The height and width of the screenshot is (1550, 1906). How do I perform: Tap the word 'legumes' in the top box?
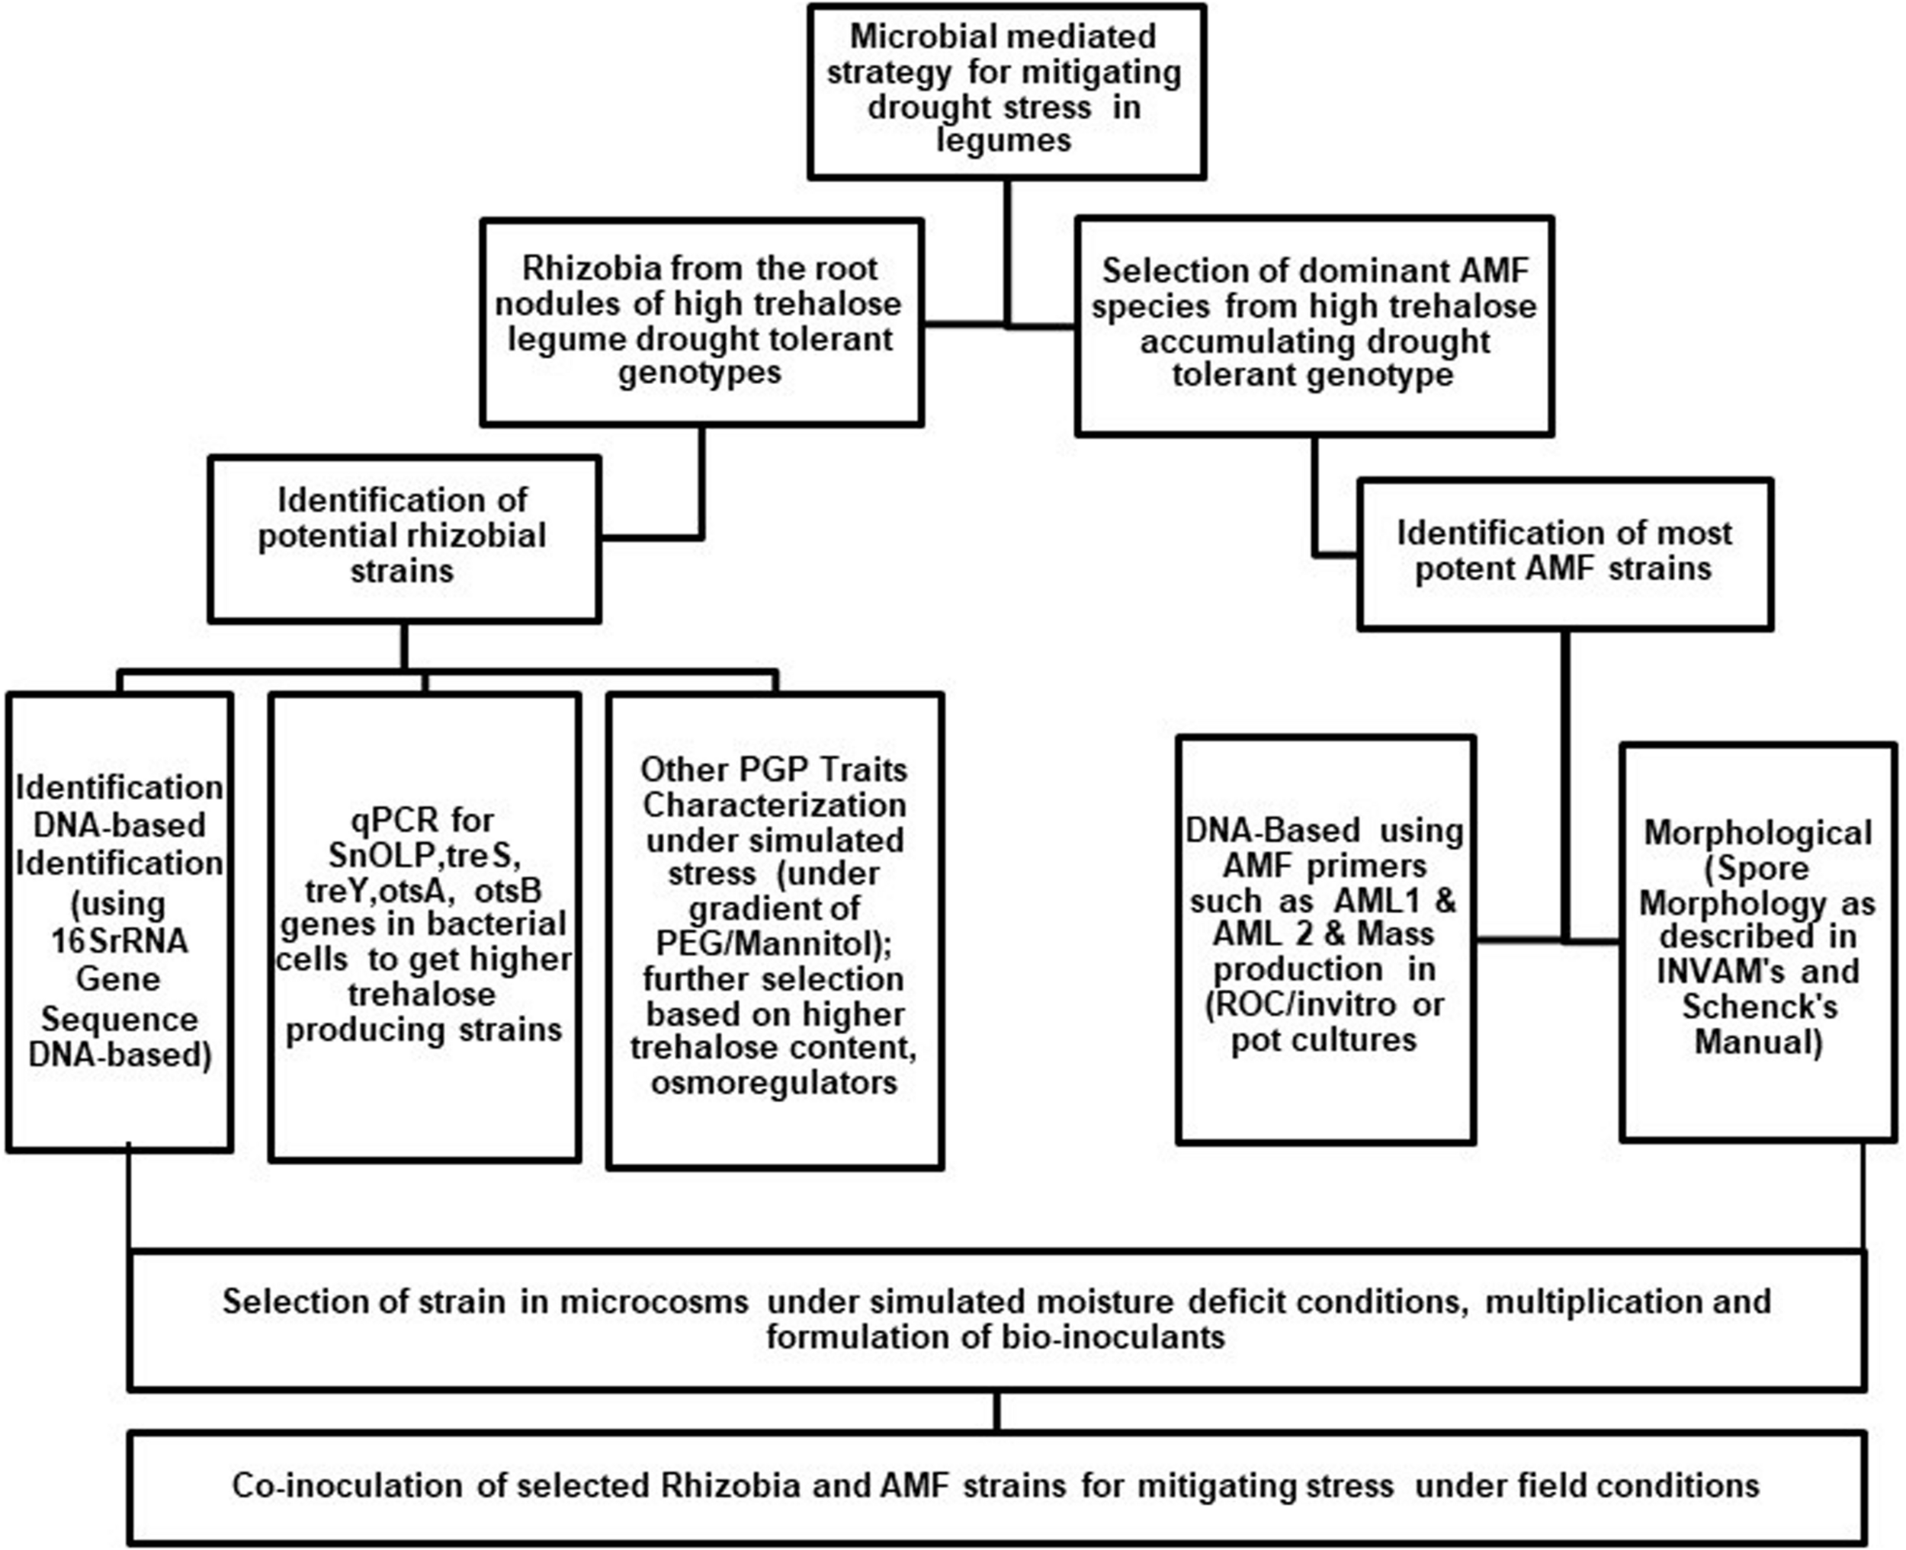click(x=1003, y=141)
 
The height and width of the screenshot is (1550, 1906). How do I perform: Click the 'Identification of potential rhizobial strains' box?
click(x=404, y=539)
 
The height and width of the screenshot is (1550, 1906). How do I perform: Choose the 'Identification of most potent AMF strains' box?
click(x=1564, y=552)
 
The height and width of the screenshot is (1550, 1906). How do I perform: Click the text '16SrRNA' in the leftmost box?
click(x=119, y=940)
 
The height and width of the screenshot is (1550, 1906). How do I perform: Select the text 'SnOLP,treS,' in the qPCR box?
click(x=423, y=855)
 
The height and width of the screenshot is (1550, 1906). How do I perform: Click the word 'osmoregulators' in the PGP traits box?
click(x=774, y=1083)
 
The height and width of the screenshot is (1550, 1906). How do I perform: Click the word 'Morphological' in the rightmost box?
click(x=1758, y=832)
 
